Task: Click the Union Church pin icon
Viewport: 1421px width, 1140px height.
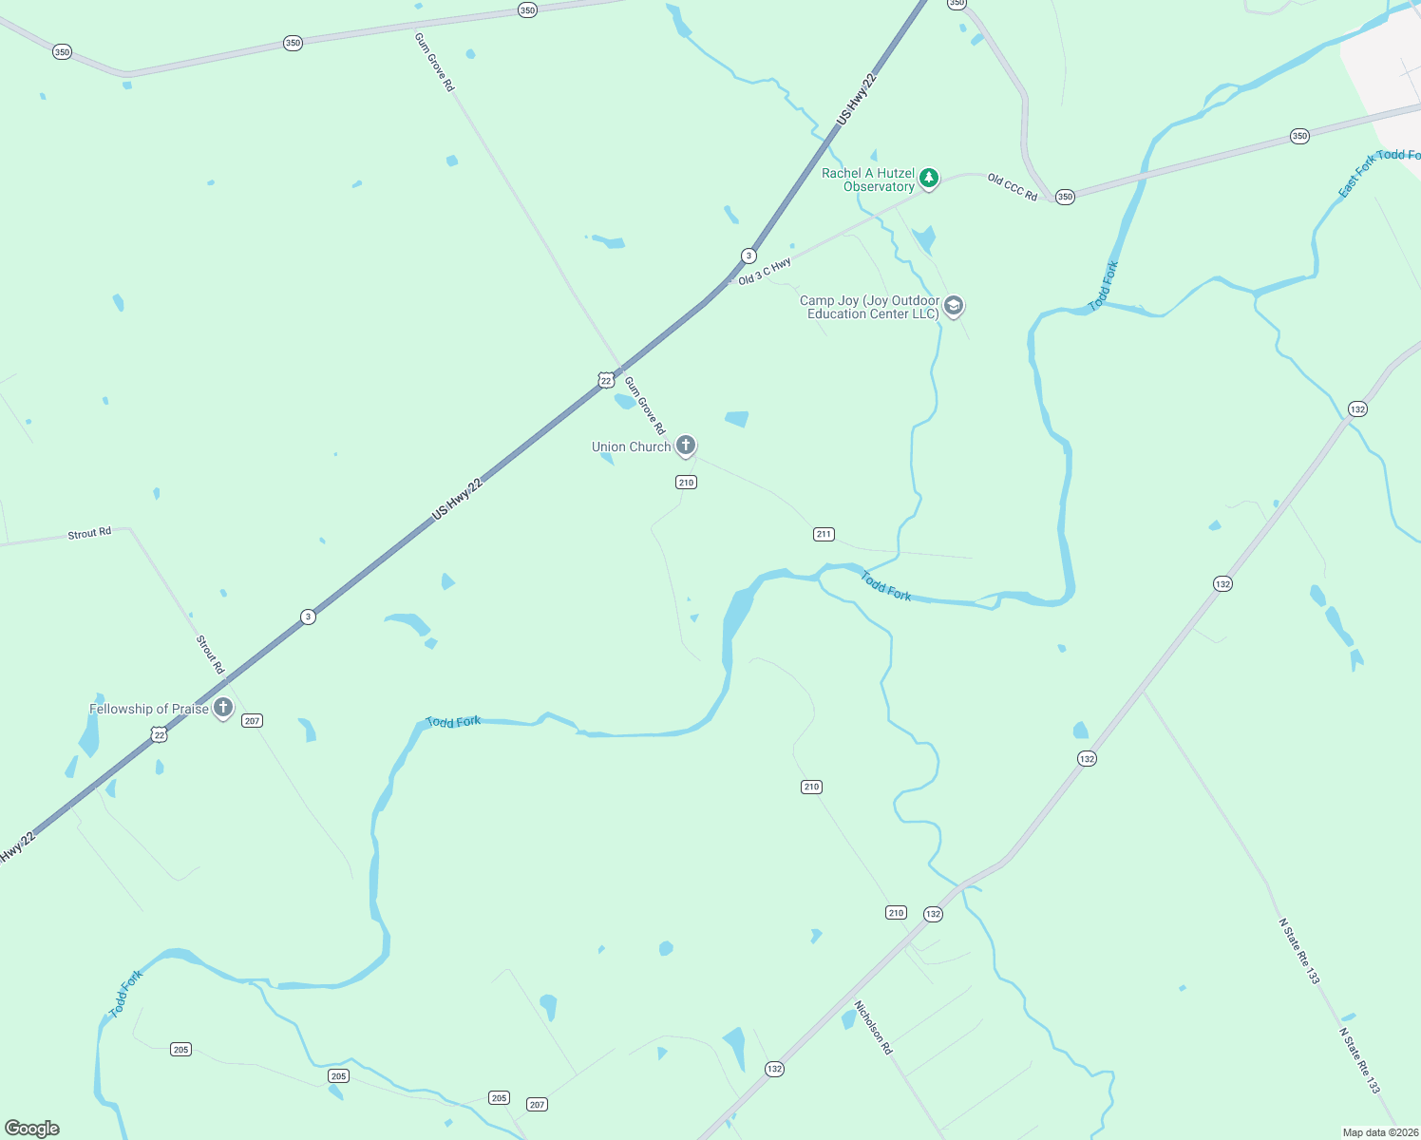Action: pos(685,445)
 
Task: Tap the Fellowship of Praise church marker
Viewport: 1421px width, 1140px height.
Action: pos(223,708)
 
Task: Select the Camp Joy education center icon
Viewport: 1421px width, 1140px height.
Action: pos(954,306)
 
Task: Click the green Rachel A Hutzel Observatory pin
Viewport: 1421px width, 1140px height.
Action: pos(929,178)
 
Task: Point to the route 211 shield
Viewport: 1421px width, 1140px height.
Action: pos(824,534)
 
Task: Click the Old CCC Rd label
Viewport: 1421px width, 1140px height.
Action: pos(1012,186)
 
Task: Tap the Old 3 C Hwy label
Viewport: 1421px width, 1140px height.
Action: pos(765,271)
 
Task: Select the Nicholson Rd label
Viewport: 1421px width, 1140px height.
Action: pos(873,1027)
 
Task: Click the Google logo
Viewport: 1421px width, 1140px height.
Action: pos(32,1129)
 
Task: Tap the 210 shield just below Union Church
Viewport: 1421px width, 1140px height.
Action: pos(686,483)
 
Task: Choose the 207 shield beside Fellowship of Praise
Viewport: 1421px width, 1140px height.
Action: pos(252,721)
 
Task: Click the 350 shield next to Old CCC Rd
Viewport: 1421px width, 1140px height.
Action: pos(1065,198)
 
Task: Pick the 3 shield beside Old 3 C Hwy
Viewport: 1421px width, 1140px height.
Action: pos(748,256)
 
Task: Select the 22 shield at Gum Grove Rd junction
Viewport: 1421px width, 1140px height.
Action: pos(606,381)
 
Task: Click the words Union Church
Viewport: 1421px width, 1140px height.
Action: pos(631,446)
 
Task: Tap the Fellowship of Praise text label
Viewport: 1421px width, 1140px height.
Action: pos(149,709)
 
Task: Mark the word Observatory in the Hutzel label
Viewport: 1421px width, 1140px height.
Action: pos(879,186)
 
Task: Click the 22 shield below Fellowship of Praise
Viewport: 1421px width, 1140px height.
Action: pos(159,734)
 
